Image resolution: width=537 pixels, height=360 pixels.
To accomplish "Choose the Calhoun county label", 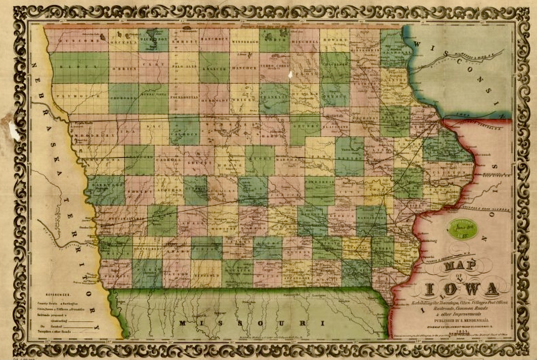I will click(x=184, y=134).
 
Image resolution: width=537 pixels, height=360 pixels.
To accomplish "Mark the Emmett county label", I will click(x=184, y=41).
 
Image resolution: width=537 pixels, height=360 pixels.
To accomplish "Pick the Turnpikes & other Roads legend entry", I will click(x=54, y=331).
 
